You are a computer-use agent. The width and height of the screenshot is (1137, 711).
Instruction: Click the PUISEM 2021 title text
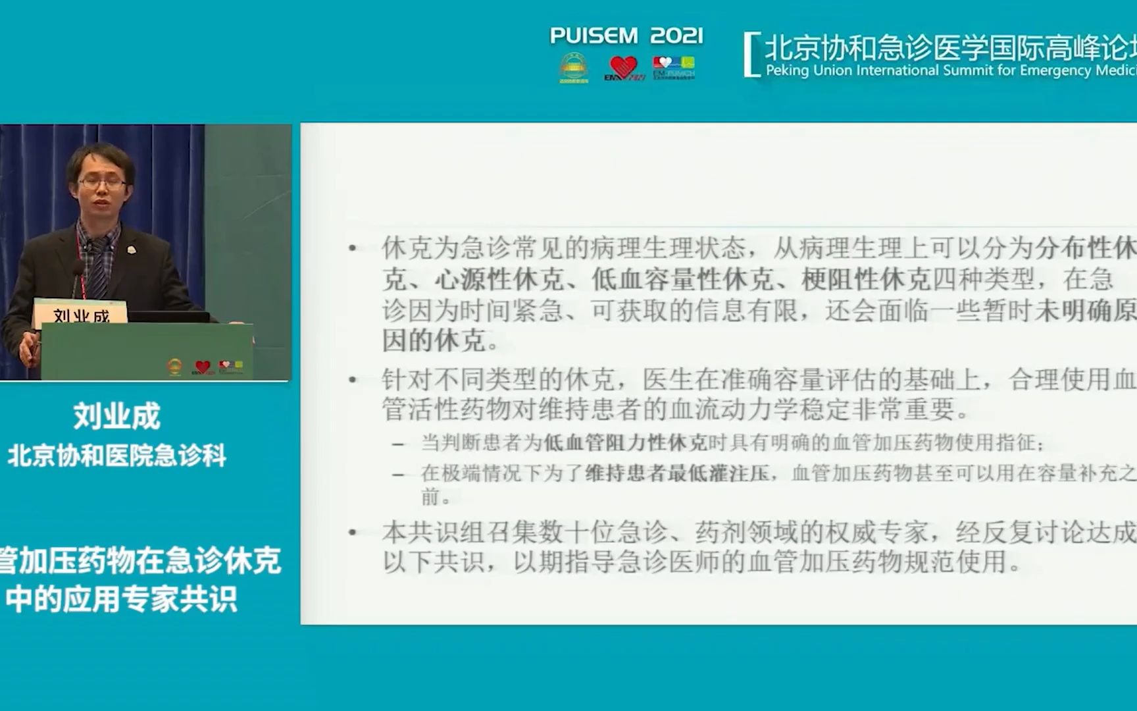(626, 36)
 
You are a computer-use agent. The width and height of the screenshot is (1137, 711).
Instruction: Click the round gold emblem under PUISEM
(573, 67)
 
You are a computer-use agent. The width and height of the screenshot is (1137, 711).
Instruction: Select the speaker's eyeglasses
(102, 182)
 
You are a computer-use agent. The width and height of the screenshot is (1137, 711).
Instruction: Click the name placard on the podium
(80, 315)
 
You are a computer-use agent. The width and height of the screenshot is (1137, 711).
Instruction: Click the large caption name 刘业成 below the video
(116, 416)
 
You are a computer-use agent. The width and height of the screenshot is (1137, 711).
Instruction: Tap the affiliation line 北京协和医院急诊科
(116, 456)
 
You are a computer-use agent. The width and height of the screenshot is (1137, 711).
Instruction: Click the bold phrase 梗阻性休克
(865, 280)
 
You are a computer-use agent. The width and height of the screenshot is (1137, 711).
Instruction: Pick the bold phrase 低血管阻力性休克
(625, 442)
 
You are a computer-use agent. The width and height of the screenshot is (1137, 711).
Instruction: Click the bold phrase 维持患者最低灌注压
(678, 473)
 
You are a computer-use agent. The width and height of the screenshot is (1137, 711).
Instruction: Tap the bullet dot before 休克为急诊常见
(353, 249)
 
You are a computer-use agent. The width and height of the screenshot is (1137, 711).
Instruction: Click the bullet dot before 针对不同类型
(353, 380)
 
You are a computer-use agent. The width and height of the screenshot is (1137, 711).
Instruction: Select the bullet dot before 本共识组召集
(353, 533)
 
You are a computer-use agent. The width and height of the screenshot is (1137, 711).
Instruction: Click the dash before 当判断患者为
(397, 444)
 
